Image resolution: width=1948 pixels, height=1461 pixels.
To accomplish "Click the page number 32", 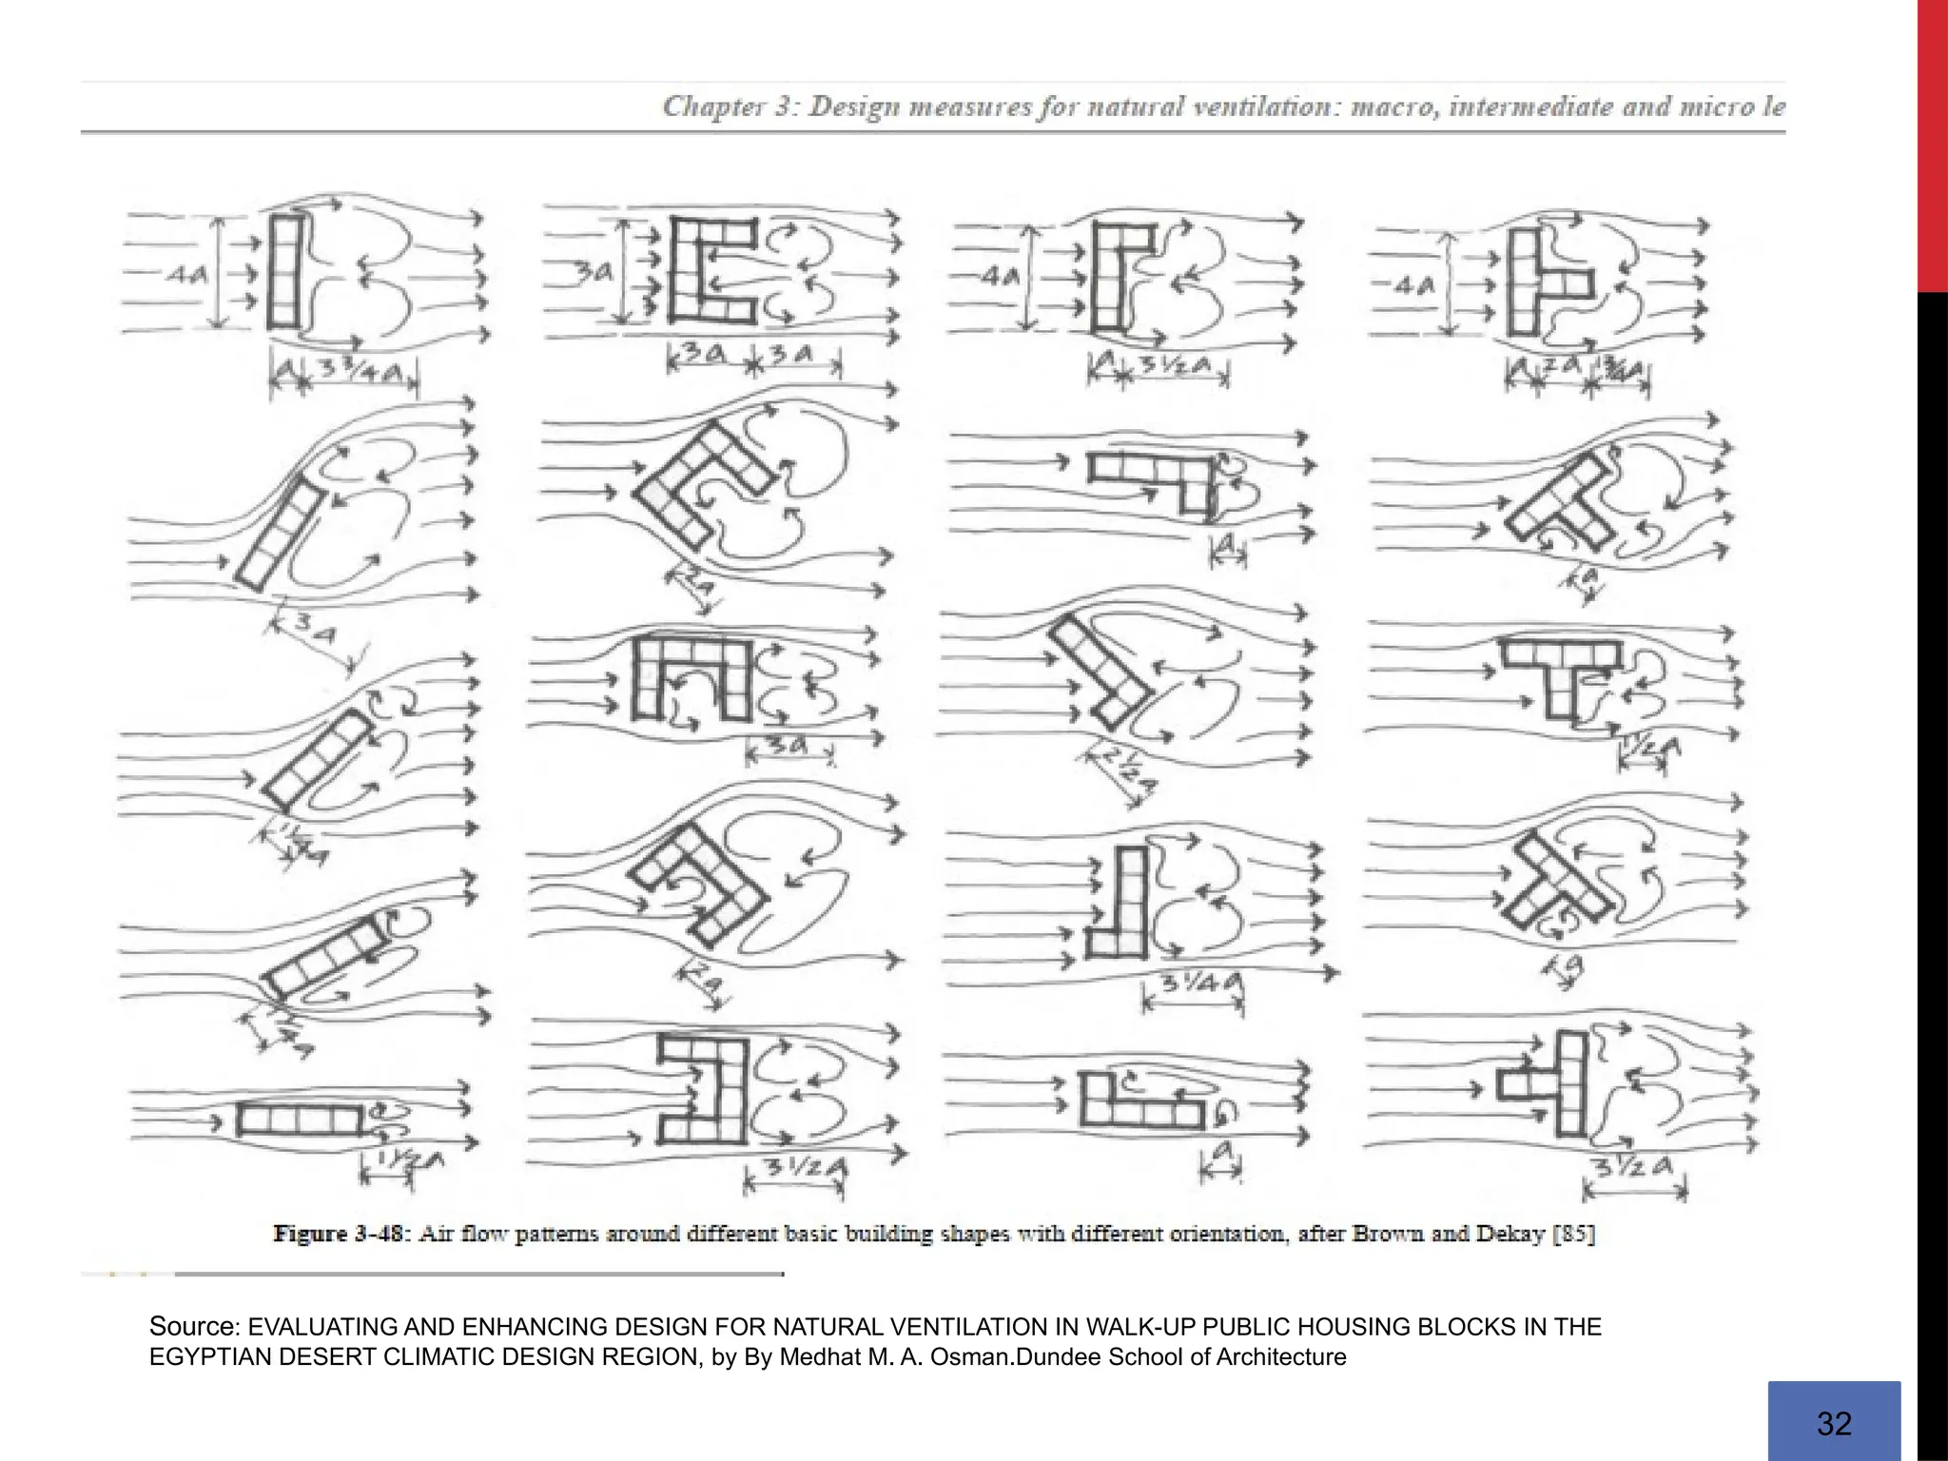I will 1834,1423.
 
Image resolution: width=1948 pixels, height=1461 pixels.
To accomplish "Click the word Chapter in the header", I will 704,107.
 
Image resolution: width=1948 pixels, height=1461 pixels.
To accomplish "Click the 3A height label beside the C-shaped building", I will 595,273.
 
